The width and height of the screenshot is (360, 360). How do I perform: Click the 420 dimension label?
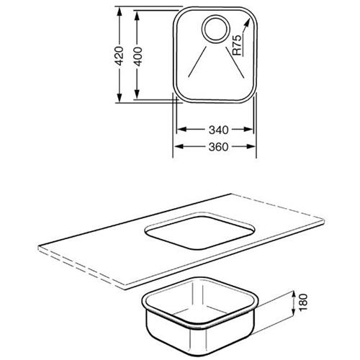[119, 56]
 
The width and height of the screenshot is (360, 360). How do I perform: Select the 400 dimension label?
[138, 56]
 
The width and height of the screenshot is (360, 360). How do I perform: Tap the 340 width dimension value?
[218, 130]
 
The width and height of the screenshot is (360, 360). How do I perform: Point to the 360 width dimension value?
[218, 147]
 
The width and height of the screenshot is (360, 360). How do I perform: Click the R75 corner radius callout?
[237, 45]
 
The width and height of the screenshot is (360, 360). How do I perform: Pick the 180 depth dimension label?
[303, 302]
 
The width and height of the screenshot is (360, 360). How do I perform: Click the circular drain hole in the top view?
[215, 29]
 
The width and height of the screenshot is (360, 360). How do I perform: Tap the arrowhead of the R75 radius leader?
[246, 23]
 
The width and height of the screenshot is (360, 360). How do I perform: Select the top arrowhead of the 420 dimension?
[119, 12]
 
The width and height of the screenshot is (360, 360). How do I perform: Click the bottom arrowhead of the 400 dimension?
[137, 94]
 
